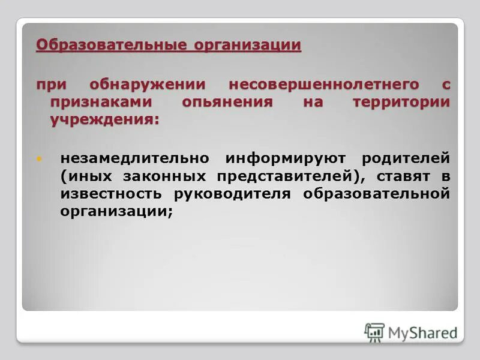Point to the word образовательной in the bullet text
point(376,194)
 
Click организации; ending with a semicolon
point(116,211)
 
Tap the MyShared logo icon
point(374,331)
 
